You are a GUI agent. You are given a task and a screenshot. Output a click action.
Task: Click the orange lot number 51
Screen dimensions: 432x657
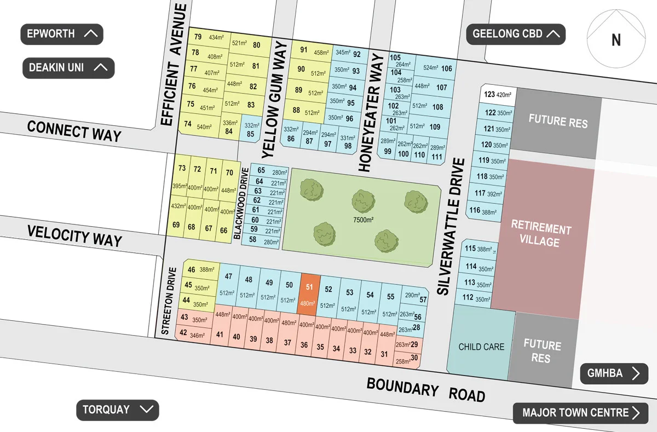pos(309,295)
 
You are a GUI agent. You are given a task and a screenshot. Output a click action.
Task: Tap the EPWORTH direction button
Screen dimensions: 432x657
pos(62,34)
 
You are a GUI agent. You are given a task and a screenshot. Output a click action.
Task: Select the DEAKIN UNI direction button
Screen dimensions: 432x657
pos(68,68)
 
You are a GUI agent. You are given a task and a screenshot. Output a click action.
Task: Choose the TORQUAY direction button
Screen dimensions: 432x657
pos(117,410)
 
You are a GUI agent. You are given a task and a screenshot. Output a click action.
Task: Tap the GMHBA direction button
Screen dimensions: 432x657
pos(614,374)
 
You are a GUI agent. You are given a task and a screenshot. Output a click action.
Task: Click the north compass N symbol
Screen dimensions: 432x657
pos(615,40)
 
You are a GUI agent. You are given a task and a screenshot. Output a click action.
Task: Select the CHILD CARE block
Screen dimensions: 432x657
pos(481,347)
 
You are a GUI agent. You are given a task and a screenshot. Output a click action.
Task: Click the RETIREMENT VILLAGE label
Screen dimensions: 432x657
pos(541,235)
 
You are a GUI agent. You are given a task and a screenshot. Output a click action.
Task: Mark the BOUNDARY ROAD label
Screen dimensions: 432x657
pos(425,390)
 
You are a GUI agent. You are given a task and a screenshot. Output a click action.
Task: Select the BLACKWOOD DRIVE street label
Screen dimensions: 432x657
pos(239,203)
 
